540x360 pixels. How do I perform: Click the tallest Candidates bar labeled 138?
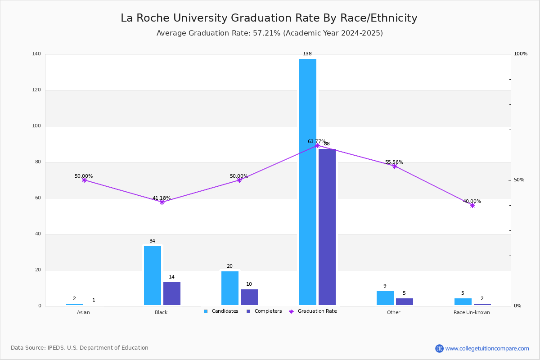(308, 182)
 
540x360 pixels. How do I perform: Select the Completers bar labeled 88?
(327, 227)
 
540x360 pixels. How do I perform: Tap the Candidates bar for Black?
(153, 275)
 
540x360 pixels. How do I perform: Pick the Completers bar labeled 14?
(172, 294)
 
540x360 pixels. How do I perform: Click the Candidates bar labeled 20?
(230, 288)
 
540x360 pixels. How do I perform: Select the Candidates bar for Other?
(385, 298)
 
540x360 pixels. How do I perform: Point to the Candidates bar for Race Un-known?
(463, 302)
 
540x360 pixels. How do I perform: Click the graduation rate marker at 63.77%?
(317, 146)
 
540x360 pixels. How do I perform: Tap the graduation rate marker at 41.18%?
(162, 202)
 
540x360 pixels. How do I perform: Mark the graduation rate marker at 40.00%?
(472, 206)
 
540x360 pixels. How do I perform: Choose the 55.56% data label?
(394, 162)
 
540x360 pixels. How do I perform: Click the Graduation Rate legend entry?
(313, 311)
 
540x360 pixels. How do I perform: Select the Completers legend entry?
(264, 311)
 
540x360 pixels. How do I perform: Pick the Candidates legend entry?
(221, 311)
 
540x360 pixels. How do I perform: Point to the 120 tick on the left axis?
(36, 90)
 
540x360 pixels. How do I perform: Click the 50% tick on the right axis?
(519, 180)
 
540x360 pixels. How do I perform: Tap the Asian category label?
(83, 312)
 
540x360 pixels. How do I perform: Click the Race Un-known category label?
(472, 312)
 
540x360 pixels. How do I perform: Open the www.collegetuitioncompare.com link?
(487, 348)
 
